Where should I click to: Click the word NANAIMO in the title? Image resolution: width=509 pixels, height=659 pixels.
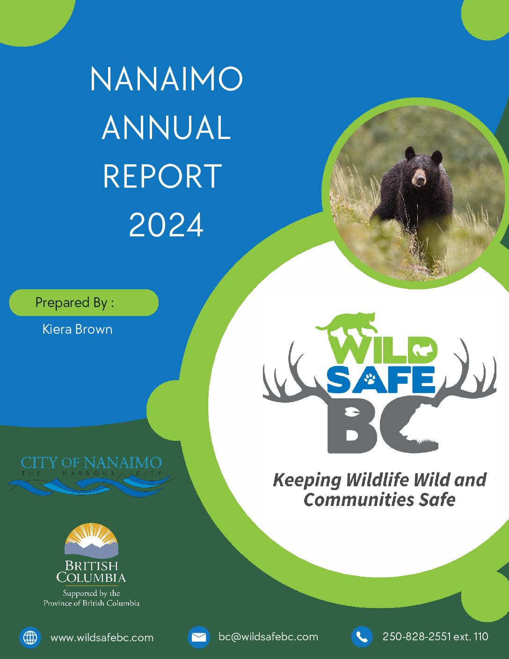(x=167, y=79)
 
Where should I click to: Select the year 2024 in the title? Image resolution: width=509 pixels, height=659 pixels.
(x=166, y=225)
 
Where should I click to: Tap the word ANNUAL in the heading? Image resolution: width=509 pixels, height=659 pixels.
(x=166, y=127)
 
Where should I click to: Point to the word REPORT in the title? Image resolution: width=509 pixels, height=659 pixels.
(x=162, y=176)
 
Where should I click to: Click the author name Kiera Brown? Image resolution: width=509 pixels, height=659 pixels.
(x=77, y=329)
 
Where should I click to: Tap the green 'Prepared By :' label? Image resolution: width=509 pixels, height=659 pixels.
(x=84, y=303)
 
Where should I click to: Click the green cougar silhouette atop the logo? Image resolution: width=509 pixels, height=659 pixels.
(x=347, y=322)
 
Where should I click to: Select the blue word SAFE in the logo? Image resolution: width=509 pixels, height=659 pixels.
(x=381, y=380)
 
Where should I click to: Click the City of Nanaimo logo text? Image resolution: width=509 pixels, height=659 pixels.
(x=91, y=463)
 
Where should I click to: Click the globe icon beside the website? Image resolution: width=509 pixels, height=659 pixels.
(x=30, y=637)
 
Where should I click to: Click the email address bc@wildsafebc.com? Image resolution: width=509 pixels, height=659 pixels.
(x=268, y=636)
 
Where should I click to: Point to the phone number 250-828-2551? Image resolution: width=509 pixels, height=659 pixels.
(x=416, y=636)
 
